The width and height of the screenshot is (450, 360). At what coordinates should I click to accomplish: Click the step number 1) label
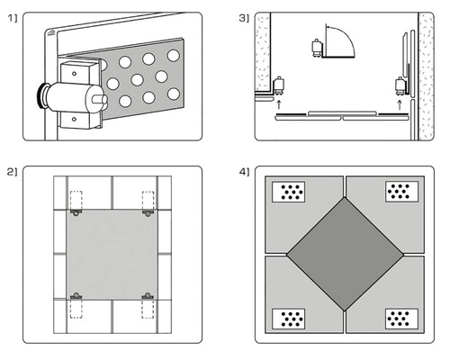point(13,19)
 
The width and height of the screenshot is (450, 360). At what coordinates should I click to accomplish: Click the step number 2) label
point(13,172)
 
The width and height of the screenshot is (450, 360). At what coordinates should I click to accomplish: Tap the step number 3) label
point(244,19)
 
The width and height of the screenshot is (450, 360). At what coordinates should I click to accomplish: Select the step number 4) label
point(244,172)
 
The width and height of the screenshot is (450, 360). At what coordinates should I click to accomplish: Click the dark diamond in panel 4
point(345,254)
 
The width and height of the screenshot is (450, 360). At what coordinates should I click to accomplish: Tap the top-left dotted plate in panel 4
point(289,192)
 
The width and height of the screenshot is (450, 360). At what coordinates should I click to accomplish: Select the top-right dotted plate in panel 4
point(401,192)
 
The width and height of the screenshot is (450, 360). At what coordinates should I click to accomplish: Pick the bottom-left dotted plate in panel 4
point(289,319)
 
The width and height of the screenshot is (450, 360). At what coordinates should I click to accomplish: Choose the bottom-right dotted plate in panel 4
point(401,319)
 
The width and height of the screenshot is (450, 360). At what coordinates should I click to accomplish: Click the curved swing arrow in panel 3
point(346,34)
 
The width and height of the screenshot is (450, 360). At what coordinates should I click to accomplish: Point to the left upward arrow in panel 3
point(279,104)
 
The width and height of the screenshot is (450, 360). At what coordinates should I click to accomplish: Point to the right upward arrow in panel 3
point(400,104)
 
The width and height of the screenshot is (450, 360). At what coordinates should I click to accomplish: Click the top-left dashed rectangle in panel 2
point(76,201)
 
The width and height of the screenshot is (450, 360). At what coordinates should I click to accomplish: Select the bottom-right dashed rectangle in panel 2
point(148,309)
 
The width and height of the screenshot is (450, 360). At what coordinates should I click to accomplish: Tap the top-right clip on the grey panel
point(148,213)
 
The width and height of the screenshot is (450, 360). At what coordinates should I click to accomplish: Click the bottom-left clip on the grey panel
point(76,296)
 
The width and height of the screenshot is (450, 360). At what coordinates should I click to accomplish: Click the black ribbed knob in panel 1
point(42,96)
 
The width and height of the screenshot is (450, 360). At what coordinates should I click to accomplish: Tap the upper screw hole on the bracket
point(74,74)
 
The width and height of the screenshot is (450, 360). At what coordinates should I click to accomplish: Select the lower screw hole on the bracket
point(74,119)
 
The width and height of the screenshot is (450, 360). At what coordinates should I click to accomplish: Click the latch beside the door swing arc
point(317,48)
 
